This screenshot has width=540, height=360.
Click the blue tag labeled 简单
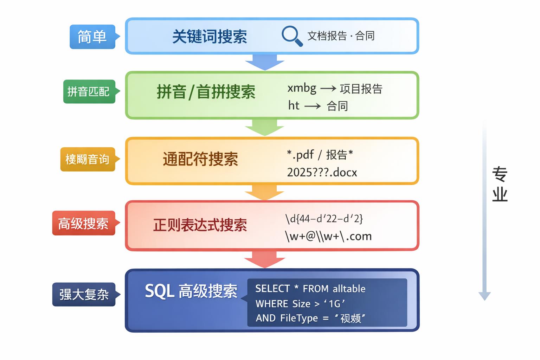(92, 37)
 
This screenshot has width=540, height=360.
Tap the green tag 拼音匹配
(89, 92)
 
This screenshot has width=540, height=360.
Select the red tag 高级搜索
(83, 223)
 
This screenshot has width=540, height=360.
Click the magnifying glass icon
(292, 36)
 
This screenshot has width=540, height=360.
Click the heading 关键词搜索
(210, 37)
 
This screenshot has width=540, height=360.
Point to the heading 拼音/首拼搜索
(206, 92)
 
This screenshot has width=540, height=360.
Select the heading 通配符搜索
(200, 159)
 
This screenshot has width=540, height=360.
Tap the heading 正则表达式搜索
(200, 225)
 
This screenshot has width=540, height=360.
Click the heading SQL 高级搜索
(191, 291)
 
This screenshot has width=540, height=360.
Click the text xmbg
(302, 88)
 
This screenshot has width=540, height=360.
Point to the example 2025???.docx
(322, 172)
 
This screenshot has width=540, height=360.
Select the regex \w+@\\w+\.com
(328, 236)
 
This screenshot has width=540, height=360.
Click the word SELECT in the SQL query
(272, 289)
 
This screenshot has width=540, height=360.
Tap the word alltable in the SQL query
(349, 289)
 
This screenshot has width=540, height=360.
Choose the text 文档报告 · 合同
(341, 36)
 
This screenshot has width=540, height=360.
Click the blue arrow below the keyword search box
(265, 62)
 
